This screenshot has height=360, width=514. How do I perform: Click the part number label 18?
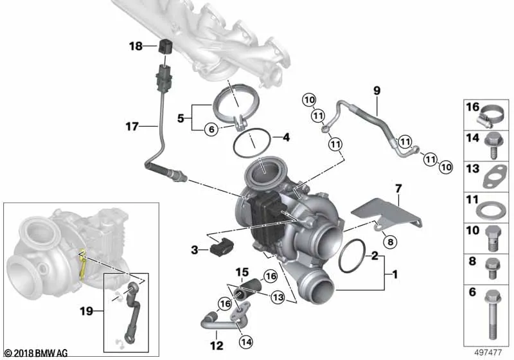(136, 46)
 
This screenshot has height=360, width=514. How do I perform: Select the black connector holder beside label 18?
(165, 46)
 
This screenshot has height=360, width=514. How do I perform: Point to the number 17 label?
(132, 126)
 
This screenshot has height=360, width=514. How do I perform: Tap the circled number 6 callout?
(211, 129)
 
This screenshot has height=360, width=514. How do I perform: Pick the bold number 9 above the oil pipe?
(377, 90)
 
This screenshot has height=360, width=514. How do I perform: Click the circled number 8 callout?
(390, 242)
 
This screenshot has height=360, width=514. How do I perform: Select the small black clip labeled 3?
(220, 249)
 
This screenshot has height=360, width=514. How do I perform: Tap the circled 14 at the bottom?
(246, 342)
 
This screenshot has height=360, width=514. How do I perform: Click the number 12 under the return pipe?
(217, 346)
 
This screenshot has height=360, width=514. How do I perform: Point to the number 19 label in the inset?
(87, 310)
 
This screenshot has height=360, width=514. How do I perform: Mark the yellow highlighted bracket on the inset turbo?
(82, 265)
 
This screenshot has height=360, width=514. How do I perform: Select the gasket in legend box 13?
(495, 177)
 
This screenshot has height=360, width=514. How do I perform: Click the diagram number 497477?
(488, 352)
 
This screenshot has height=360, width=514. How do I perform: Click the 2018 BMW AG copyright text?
(36, 354)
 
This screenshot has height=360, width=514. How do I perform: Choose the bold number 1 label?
(395, 274)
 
